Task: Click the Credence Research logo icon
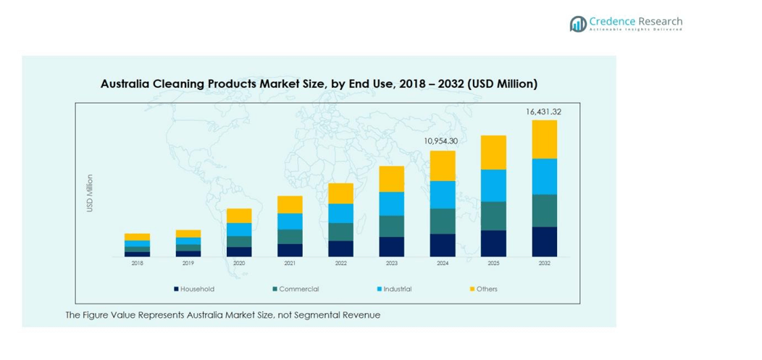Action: point(578,24)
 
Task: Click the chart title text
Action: point(319,84)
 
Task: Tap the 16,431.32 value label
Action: point(543,112)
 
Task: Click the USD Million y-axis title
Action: point(90,193)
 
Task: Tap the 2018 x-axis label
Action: point(137,264)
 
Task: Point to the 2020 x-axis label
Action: point(239,264)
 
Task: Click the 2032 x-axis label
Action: point(545,264)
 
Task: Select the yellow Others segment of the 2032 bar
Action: point(545,139)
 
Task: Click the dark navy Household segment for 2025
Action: point(493,243)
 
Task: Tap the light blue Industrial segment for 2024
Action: point(443,195)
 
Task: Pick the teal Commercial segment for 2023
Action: point(392,226)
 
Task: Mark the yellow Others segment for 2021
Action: point(290,204)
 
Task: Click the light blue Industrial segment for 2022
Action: point(340,213)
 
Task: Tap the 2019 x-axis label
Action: point(188,264)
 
